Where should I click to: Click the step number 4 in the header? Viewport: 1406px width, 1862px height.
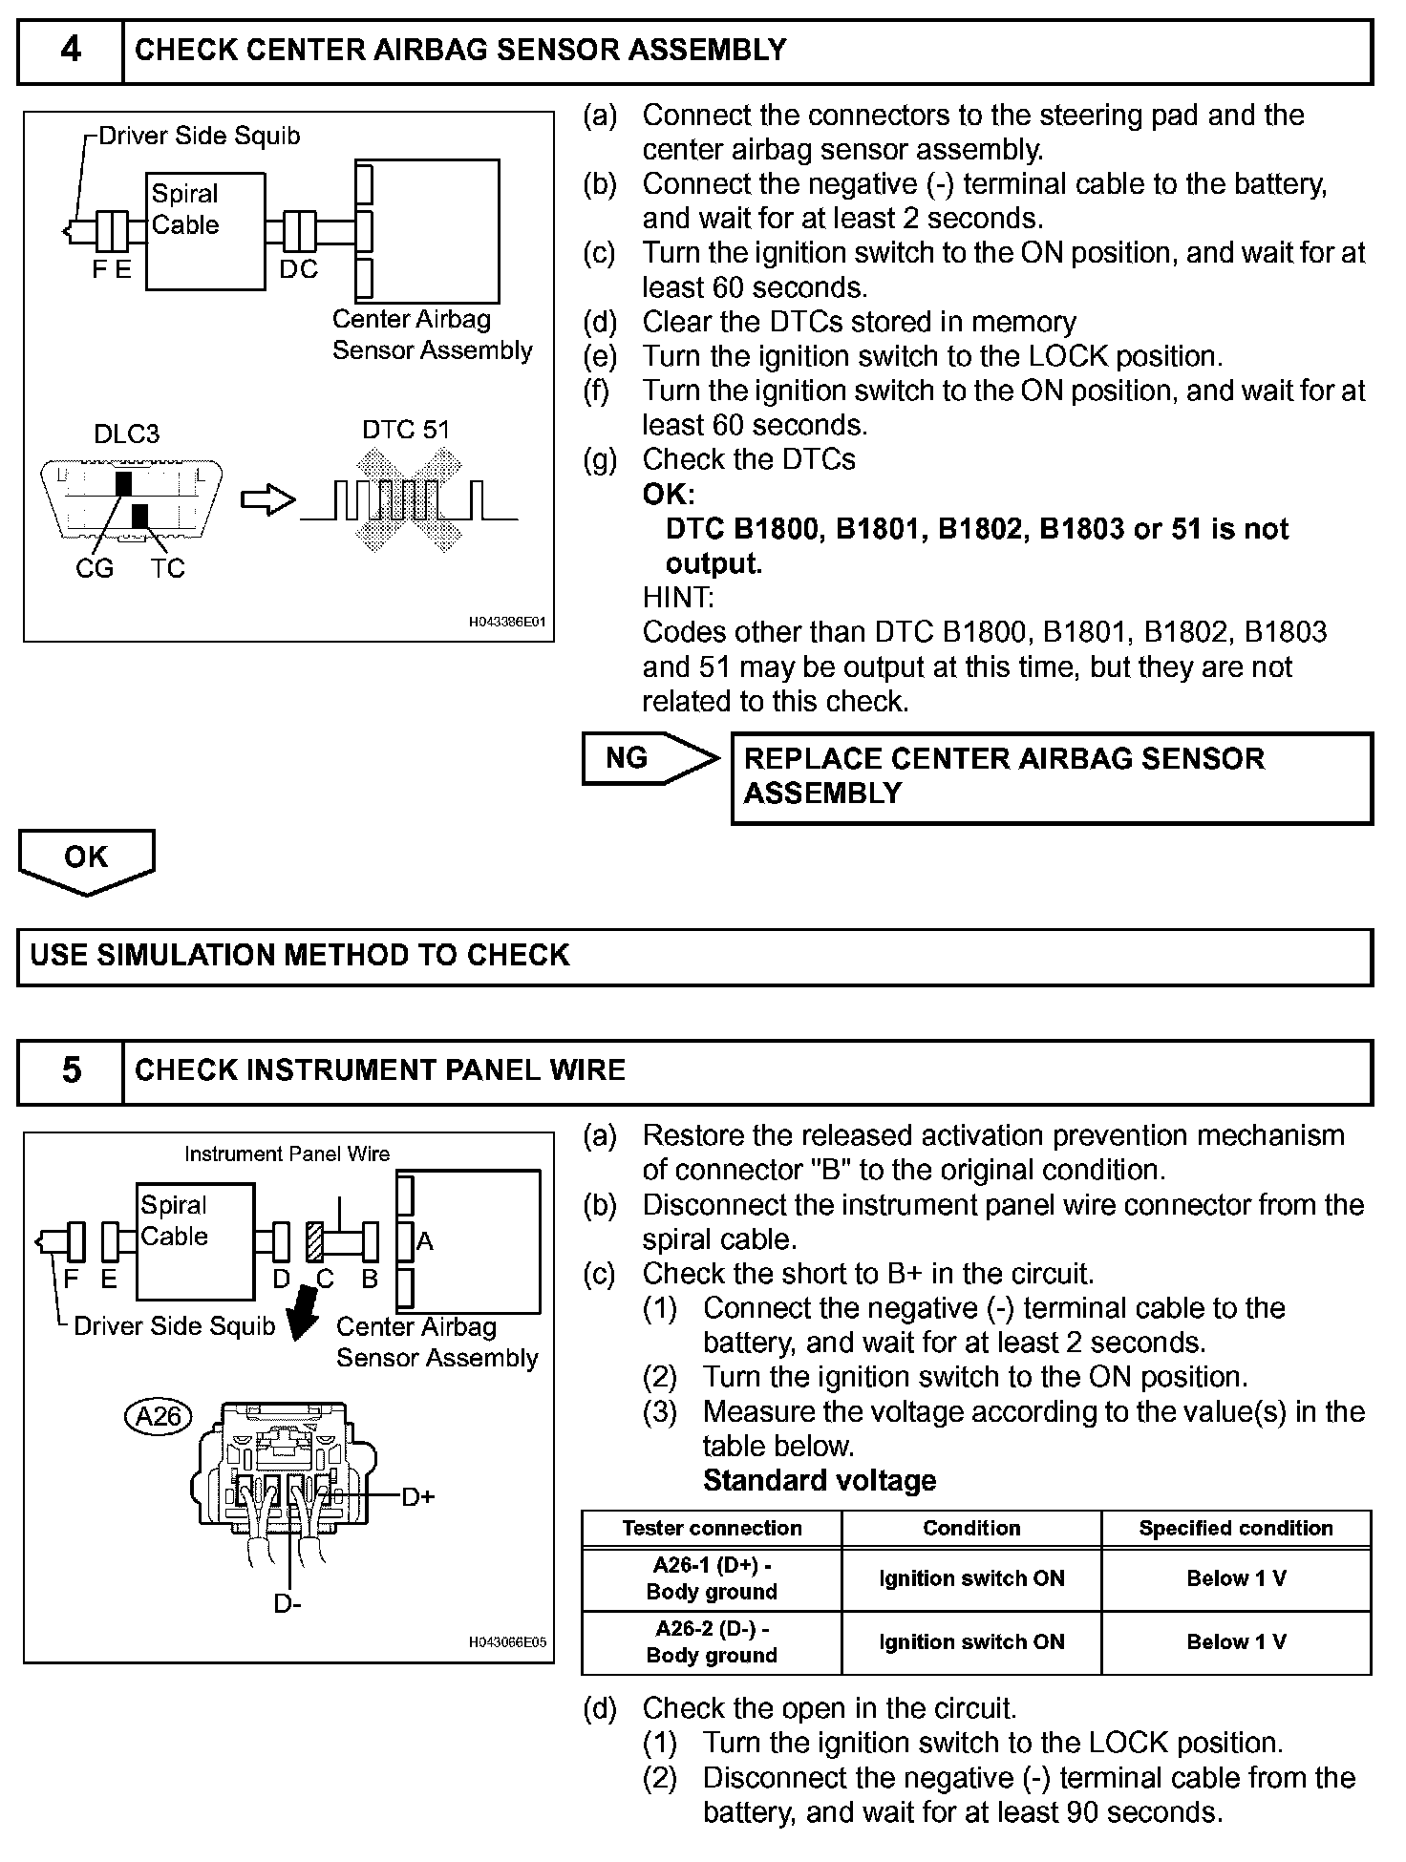(71, 50)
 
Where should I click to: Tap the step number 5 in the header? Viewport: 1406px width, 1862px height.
(71, 1069)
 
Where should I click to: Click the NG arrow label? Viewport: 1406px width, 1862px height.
(628, 758)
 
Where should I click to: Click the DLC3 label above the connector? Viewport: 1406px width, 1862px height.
(126, 434)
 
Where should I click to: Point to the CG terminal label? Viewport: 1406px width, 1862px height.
(94, 568)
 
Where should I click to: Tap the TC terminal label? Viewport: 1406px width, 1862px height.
(167, 568)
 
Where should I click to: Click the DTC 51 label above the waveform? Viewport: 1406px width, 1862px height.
(405, 430)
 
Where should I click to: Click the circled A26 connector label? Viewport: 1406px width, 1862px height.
(159, 1415)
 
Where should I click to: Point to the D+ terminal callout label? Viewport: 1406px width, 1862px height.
(417, 1496)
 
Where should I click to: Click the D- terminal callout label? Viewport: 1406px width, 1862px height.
(288, 1603)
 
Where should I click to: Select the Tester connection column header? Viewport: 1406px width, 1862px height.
(712, 1528)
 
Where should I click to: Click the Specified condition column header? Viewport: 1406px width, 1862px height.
(1236, 1528)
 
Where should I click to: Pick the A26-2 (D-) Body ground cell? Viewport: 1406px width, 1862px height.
(712, 1641)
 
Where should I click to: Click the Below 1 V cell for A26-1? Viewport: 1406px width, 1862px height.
(1236, 1577)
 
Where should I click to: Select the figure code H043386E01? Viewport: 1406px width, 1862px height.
(506, 622)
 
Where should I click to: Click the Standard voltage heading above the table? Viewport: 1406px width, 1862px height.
(820, 1481)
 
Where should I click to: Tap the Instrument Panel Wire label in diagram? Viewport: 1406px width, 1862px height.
(287, 1153)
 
